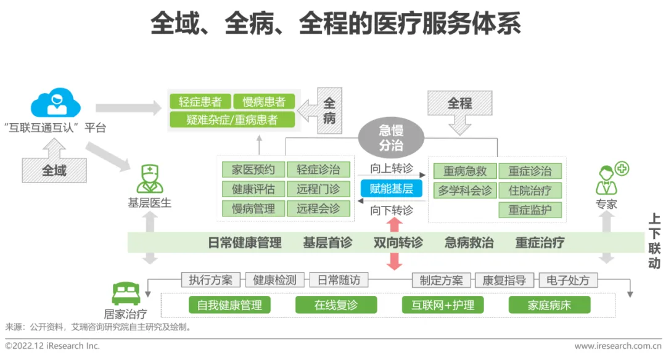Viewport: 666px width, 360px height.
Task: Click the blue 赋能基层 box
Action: pyautogui.click(x=392, y=189)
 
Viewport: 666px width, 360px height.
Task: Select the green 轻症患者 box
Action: pyautogui.click(x=200, y=102)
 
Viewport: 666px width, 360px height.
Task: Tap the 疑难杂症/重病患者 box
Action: pyautogui.click(x=232, y=120)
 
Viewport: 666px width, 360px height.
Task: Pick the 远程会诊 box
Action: pyautogui.click(x=318, y=208)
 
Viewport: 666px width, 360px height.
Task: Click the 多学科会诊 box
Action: pyautogui.click(x=465, y=190)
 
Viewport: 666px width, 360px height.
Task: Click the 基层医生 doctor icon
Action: pyautogui.click(x=149, y=179)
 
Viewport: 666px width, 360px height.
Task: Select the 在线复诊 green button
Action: pyautogui.click(x=335, y=305)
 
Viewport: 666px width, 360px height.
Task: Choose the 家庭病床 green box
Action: pyautogui.click(x=549, y=305)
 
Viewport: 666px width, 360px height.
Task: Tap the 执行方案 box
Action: pyautogui.click(x=211, y=280)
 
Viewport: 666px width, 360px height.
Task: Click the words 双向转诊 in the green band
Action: pyautogui.click(x=398, y=242)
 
